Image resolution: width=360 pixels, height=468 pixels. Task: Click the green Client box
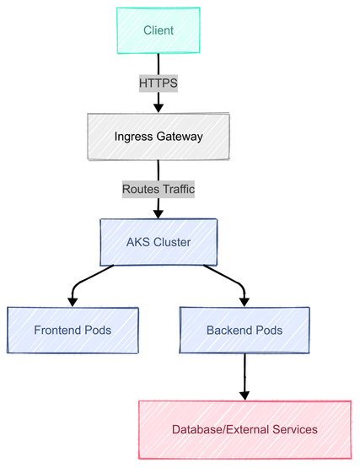click(159, 30)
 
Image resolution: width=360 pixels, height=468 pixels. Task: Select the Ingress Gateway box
click(159, 137)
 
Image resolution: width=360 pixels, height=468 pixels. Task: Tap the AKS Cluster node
click(159, 242)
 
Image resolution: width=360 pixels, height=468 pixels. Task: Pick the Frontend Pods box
click(73, 330)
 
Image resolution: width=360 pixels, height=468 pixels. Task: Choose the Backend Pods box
click(244, 330)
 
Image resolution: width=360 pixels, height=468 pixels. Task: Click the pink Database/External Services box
click(244, 429)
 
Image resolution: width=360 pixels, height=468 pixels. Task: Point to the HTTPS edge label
click(159, 83)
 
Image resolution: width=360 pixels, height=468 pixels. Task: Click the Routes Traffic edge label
click(159, 189)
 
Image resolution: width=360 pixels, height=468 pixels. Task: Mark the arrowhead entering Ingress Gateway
click(159, 108)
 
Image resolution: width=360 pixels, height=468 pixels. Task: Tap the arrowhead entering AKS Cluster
click(159, 214)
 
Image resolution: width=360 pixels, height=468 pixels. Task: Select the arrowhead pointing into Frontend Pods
click(73, 302)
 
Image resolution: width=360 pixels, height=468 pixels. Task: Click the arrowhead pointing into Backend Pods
click(244, 302)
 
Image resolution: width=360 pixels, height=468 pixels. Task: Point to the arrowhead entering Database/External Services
click(244, 395)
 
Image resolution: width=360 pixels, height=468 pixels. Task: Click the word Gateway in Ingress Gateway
click(180, 137)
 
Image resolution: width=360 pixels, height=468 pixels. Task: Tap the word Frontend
click(57, 330)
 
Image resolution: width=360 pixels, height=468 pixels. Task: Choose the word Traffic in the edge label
click(177, 189)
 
